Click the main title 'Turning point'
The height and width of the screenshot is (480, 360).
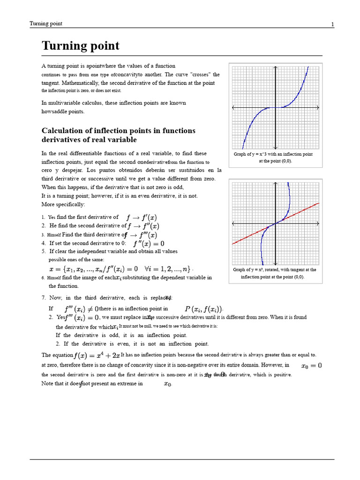(81, 46)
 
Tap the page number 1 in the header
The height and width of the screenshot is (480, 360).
(333, 24)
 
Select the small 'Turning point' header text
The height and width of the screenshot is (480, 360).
(46, 24)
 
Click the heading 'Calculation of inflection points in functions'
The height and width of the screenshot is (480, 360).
(119, 131)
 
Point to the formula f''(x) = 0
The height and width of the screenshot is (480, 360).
(149, 244)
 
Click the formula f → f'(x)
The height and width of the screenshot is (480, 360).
(142, 217)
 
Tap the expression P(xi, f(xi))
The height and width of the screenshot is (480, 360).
(203, 309)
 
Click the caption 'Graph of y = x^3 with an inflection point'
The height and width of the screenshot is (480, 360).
(273, 154)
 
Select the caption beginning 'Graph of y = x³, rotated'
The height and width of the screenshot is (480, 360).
(275, 270)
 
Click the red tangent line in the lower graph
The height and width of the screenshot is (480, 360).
(300, 212)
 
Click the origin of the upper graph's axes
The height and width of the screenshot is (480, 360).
(276, 107)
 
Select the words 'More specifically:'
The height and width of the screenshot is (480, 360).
(63, 205)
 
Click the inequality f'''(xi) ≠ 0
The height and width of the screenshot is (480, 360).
(81, 309)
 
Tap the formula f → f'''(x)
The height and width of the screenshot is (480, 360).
(141, 235)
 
